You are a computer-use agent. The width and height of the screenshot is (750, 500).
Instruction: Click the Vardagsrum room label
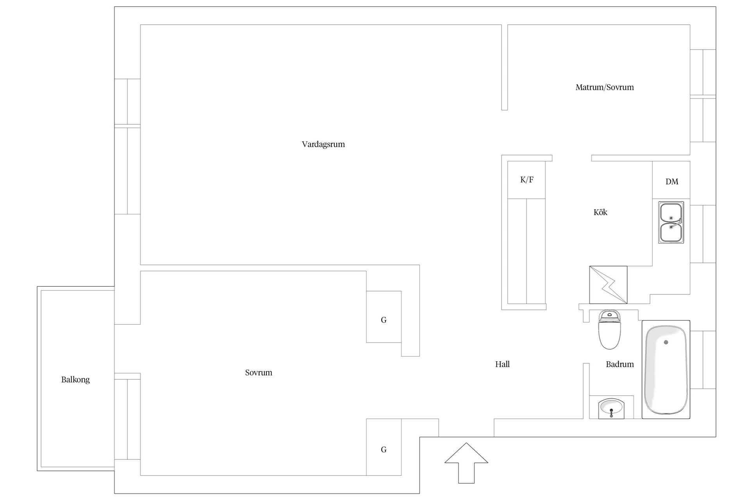tap(323, 144)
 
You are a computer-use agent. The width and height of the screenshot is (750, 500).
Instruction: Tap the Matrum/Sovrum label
tap(605, 87)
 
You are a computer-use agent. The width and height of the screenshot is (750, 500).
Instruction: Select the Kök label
tap(600, 212)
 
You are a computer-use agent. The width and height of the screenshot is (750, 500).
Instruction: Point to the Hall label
tap(502, 364)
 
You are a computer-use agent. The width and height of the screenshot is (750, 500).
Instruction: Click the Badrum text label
tap(620, 364)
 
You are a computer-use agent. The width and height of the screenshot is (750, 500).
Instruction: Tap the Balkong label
tap(75, 379)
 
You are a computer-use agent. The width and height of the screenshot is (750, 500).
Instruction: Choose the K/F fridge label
tap(527, 180)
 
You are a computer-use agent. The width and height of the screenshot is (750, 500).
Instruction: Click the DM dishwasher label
tap(672, 181)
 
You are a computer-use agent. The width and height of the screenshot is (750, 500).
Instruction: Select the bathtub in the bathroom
tap(666, 370)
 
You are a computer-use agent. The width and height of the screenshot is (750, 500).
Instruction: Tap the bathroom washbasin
tap(611, 409)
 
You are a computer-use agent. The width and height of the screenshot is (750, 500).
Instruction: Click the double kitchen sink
tap(671, 223)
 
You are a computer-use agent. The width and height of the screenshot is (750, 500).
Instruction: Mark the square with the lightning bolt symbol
tap(608, 285)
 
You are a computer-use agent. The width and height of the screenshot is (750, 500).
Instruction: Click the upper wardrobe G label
tap(384, 320)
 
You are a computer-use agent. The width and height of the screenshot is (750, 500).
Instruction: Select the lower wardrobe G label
tap(384, 450)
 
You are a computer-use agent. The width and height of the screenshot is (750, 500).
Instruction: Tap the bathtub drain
tap(666, 342)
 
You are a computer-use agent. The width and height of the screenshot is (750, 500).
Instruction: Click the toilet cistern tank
tap(609, 316)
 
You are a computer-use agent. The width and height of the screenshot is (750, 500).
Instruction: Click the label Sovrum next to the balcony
tap(259, 373)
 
